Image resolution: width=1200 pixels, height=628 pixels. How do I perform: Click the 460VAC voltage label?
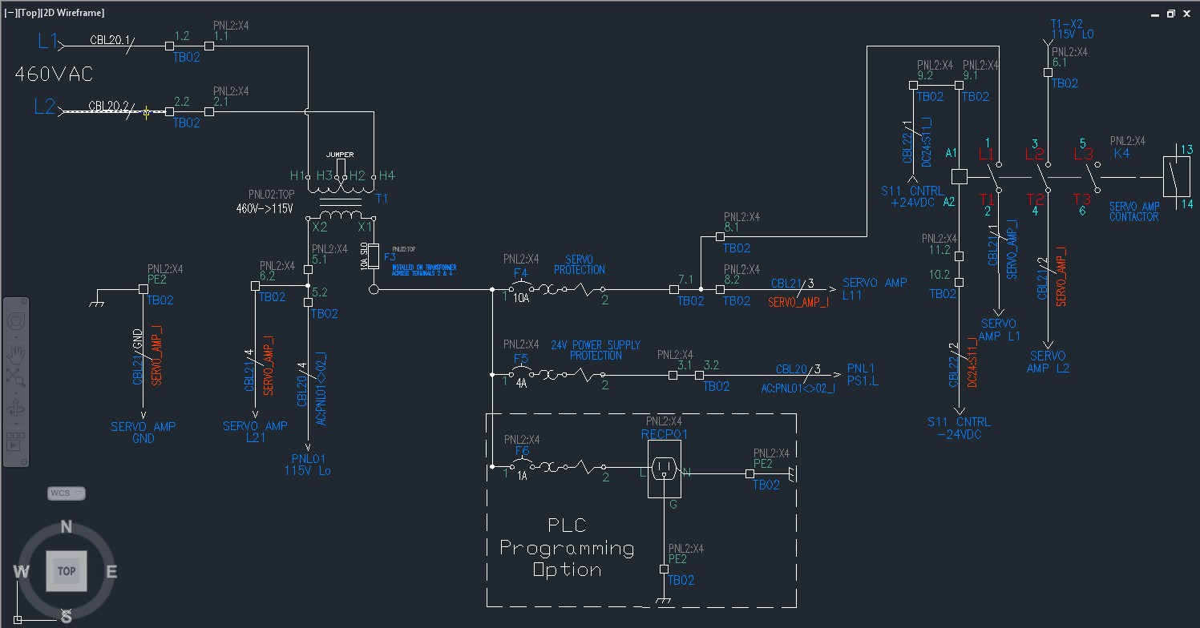(54, 74)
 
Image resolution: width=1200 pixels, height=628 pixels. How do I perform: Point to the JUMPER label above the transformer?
(339, 154)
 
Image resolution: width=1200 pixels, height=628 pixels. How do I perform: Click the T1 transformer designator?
(382, 197)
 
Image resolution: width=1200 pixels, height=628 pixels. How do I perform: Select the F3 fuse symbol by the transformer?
(373, 258)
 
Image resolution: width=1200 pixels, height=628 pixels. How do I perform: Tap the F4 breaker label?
(520, 272)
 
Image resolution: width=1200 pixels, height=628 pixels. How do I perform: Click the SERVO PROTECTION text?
(579, 265)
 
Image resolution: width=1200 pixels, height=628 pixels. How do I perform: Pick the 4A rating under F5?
(521, 384)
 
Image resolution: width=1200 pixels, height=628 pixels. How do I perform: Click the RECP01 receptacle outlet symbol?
(665, 469)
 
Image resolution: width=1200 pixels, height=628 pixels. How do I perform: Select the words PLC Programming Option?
(567, 548)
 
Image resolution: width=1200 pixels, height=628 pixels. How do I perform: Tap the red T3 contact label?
(1081, 199)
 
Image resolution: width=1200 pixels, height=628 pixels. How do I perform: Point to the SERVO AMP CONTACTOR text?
(1133, 211)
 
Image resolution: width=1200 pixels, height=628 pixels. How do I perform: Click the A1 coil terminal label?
(952, 152)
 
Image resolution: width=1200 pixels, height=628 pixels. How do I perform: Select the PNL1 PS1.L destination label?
(863, 375)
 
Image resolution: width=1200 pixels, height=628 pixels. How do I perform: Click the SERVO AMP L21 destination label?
(255, 432)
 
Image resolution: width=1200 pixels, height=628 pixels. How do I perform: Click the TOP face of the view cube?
(66, 571)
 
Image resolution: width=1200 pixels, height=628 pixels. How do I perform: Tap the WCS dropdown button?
(66, 493)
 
